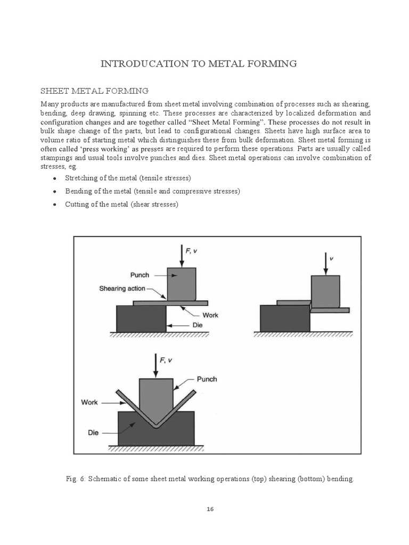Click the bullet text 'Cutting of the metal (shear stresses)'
point(121,204)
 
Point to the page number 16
point(210,509)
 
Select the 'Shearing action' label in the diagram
point(122,288)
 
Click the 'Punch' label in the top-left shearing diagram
point(140,275)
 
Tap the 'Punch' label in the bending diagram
point(207,379)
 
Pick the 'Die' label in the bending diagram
point(93,433)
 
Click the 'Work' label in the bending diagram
point(89,402)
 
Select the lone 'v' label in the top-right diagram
point(332,258)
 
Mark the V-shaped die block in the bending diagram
point(128,430)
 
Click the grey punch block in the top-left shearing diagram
point(181,283)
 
